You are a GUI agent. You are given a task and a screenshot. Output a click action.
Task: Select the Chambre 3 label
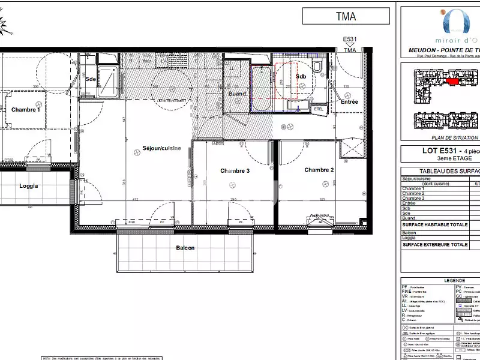235,171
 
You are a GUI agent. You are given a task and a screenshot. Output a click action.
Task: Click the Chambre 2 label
319,170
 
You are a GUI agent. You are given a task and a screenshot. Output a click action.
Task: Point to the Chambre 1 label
26,110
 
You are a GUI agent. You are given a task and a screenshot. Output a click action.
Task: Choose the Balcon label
185,248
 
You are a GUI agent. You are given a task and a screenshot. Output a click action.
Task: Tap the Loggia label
28,186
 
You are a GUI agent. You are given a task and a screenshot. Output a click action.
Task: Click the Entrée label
349,102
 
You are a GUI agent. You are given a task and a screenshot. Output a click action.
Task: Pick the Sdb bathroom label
301,77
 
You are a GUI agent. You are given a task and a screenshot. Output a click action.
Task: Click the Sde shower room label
91,79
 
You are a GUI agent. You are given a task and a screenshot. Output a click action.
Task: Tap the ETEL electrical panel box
319,109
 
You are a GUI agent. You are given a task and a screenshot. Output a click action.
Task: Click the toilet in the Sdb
319,65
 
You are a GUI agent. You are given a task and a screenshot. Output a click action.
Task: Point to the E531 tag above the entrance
349,40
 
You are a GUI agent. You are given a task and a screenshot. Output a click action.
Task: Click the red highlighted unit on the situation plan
452,80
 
